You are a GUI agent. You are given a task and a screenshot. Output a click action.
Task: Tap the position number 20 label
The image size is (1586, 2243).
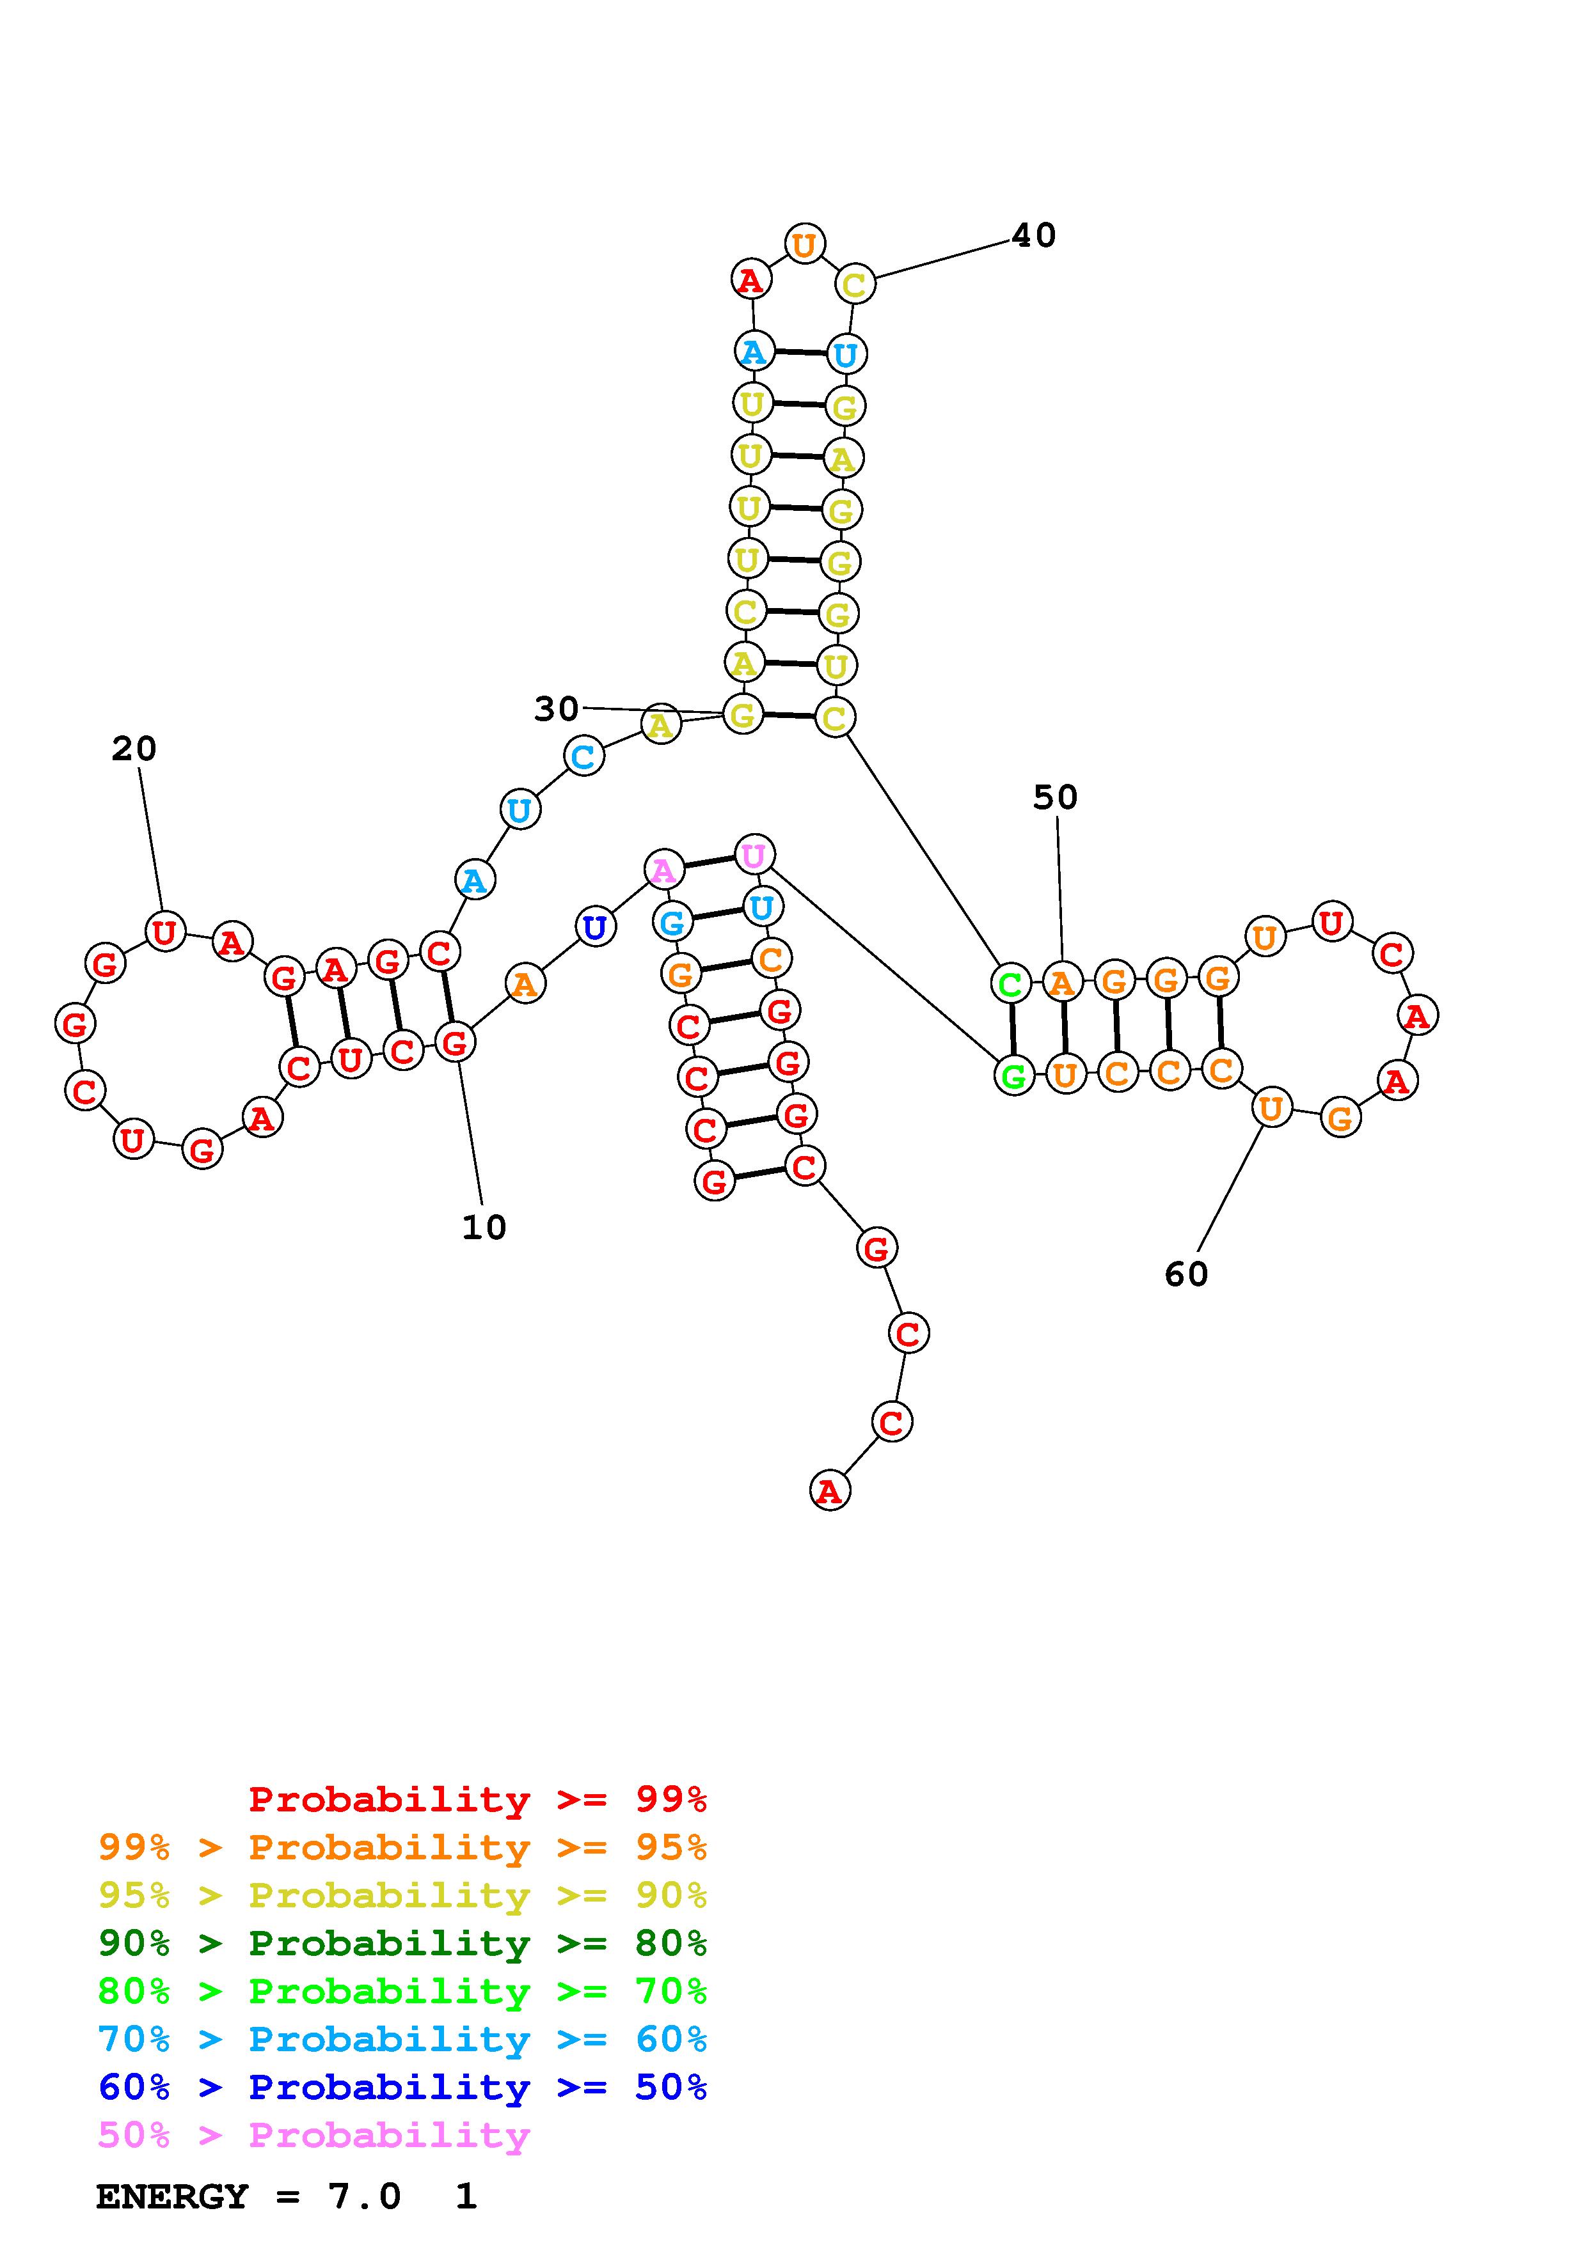click(134, 749)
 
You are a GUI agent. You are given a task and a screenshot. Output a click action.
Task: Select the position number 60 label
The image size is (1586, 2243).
click(1186, 1274)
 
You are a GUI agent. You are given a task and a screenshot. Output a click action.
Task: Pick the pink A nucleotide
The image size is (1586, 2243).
click(663, 868)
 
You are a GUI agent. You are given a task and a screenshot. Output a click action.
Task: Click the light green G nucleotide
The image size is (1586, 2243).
click(1013, 1075)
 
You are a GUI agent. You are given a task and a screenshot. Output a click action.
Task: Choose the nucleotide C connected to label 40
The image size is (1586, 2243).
click(854, 285)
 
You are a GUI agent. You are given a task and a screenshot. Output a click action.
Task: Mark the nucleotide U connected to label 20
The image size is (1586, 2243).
click(164, 932)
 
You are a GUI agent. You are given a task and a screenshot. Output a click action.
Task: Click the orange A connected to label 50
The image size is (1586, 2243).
click(1062, 982)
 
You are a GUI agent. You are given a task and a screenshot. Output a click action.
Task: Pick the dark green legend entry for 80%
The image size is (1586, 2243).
click(402, 1944)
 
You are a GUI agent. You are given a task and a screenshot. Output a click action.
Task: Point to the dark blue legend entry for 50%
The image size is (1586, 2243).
click(402, 2088)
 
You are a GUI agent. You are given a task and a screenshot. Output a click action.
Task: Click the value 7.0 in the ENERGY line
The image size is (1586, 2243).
click(363, 2196)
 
